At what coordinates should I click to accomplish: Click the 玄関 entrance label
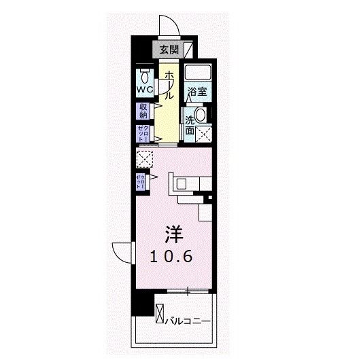tap(170, 49)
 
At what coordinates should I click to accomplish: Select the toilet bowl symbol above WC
tap(143, 73)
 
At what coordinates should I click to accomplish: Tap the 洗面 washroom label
tap(190, 125)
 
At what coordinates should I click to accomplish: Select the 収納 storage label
tap(144, 111)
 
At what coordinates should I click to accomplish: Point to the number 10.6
tap(173, 257)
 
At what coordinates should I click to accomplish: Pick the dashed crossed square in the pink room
tap(144, 159)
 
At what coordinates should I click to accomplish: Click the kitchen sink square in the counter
tap(182, 183)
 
